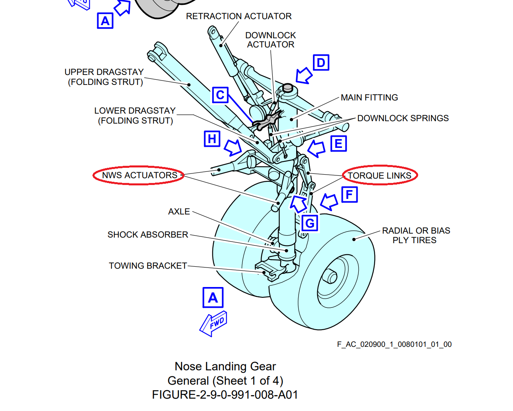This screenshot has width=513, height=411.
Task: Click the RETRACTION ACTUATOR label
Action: pos(239,16)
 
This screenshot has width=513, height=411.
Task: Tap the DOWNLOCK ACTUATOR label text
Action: pos(271,40)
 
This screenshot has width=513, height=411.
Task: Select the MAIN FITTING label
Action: pos(369,98)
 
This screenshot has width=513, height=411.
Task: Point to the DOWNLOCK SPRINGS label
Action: pos(403,118)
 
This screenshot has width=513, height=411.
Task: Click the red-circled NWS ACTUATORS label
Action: pos(139,175)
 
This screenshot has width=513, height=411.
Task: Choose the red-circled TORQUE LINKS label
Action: pos(379,175)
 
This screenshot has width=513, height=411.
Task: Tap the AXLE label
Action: pos(179,212)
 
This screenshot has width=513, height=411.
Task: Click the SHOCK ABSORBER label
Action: pos(147,235)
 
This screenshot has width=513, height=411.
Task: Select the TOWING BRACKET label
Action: pos(148,266)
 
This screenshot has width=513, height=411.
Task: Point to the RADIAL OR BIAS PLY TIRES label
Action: pos(416,236)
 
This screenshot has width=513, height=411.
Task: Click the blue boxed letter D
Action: pos(321,63)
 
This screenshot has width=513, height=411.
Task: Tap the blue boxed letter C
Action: pos(220,95)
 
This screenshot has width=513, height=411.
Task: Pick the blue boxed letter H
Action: pos(212,139)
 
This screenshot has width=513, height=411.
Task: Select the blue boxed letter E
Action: pos(338,144)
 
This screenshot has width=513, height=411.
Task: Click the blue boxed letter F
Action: pos(350,195)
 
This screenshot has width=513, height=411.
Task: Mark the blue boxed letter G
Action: pos(310,223)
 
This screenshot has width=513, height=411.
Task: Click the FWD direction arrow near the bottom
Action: pos(214,323)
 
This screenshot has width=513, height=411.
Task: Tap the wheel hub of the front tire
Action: pos(330,276)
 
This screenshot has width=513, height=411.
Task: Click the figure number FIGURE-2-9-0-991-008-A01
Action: pos(225,395)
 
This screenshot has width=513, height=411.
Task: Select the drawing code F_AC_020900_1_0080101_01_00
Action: pos(394,344)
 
